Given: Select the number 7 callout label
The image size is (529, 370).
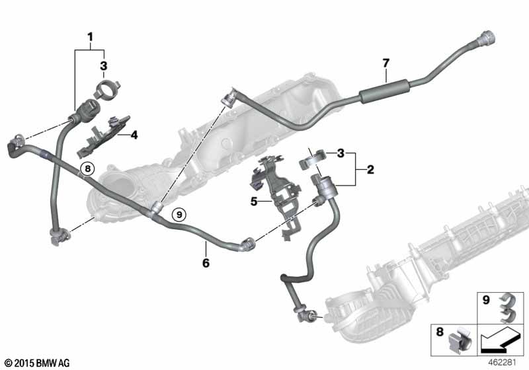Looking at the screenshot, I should (386, 63).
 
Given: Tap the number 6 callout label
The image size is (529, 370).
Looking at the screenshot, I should (206, 262).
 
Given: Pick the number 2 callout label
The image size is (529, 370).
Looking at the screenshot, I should (370, 170).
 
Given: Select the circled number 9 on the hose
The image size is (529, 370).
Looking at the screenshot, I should (177, 213).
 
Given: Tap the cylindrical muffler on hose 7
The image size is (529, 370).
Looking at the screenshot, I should (382, 92).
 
